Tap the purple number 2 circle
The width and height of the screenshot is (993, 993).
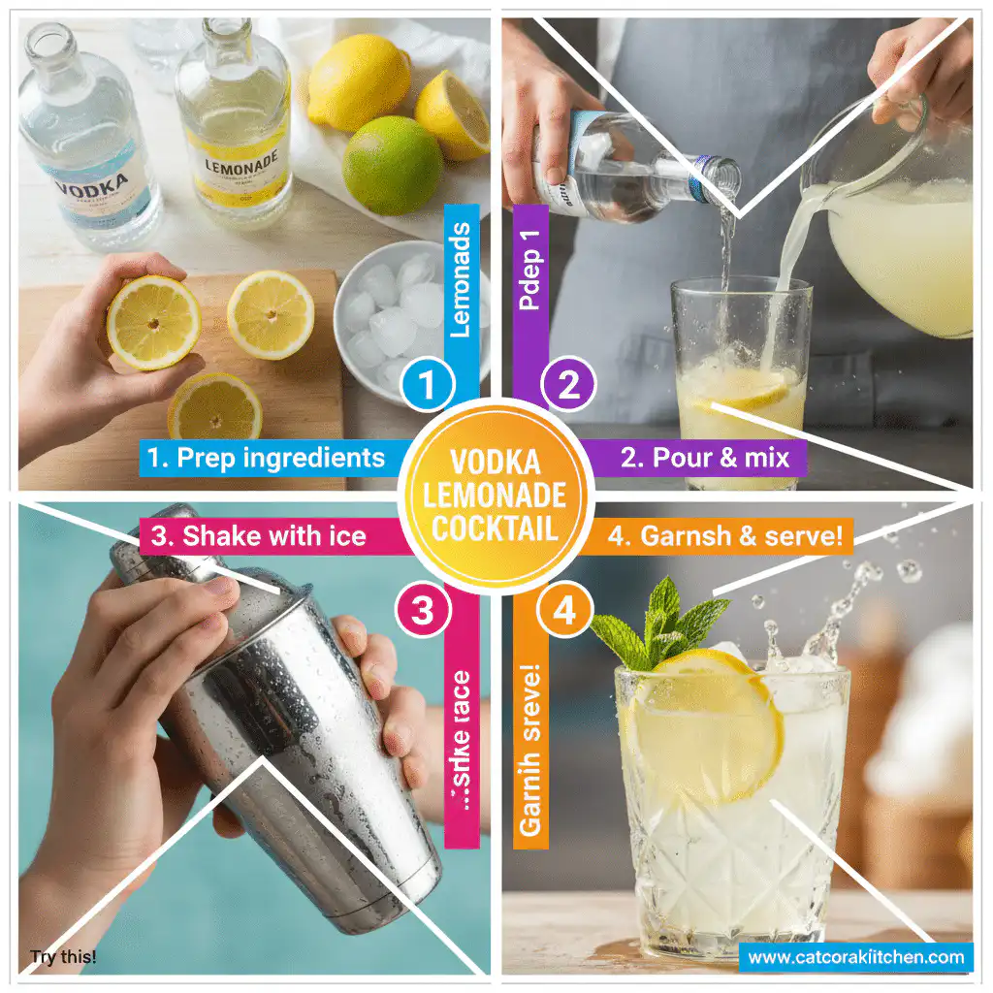(x=568, y=386)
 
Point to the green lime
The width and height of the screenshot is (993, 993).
(x=393, y=165)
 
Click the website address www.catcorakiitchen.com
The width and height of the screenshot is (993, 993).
(x=855, y=958)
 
